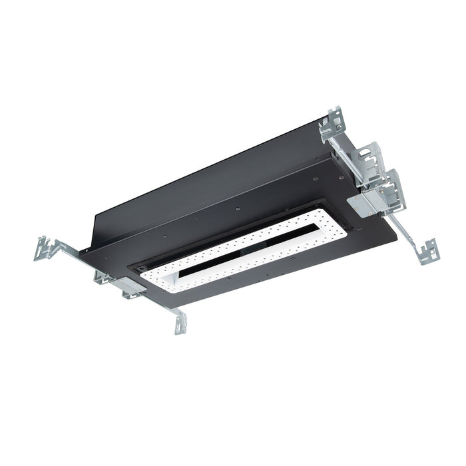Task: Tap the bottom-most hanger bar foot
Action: tap(179, 324)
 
